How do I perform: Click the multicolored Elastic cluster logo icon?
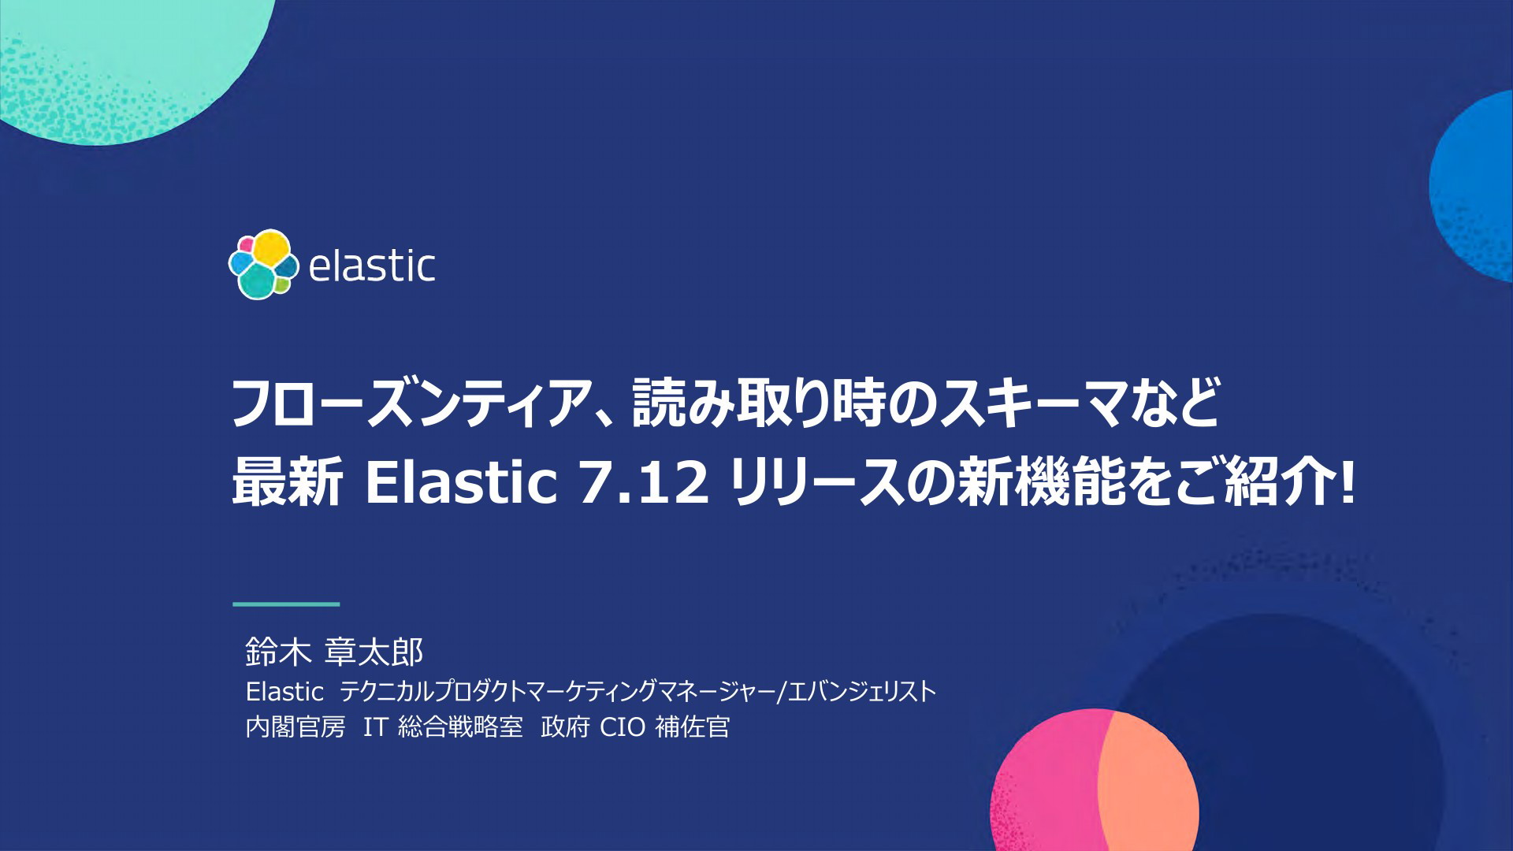[x=263, y=265]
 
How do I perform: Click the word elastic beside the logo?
[x=371, y=266]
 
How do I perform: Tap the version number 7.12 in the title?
[x=643, y=481]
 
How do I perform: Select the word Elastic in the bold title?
[x=461, y=481]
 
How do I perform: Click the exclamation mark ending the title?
[x=1348, y=482]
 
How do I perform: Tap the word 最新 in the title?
[x=287, y=481]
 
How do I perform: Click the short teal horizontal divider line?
[x=286, y=604]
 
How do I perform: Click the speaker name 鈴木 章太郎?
[x=335, y=652]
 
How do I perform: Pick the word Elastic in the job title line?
[x=284, y=692]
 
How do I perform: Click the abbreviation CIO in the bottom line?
[x=623, y=727]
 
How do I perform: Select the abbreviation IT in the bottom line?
[x=375, y=727]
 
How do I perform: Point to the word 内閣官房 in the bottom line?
[x=296, y=727]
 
